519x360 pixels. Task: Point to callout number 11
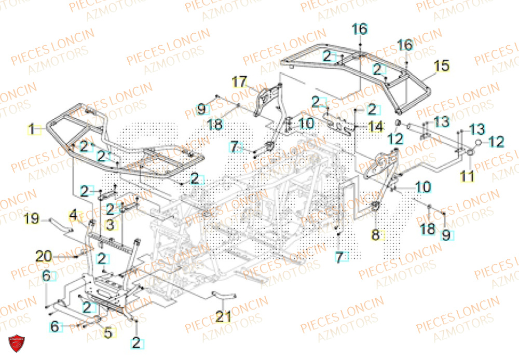click(468, 176)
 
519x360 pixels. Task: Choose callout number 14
click(375, 126)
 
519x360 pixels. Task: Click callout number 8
click(376, 234)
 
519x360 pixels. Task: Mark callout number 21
click(223, 316)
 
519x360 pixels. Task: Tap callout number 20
click(44, 255)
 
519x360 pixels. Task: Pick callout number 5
click(107, 333)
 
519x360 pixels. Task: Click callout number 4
click(73, 213)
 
